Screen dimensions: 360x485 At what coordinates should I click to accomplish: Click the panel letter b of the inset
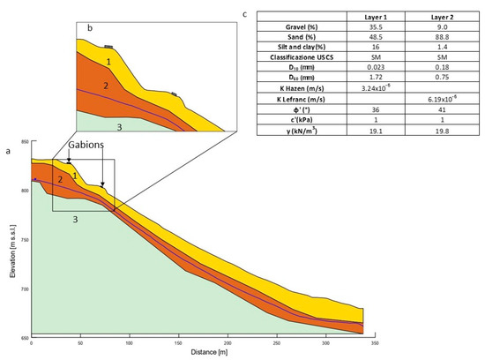pos(89,29)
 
